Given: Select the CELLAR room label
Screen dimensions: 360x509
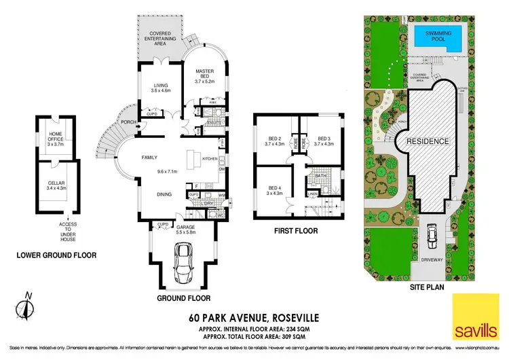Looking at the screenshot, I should (x=56, y=183).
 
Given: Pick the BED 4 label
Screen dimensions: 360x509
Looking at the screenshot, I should (x=274, y=190).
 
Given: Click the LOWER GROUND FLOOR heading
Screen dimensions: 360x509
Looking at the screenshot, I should (x=56, y=255).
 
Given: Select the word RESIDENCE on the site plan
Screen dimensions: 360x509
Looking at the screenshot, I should (x=428, y=141).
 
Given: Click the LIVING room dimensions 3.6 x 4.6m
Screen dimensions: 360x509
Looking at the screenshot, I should (x=162, y=89).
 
